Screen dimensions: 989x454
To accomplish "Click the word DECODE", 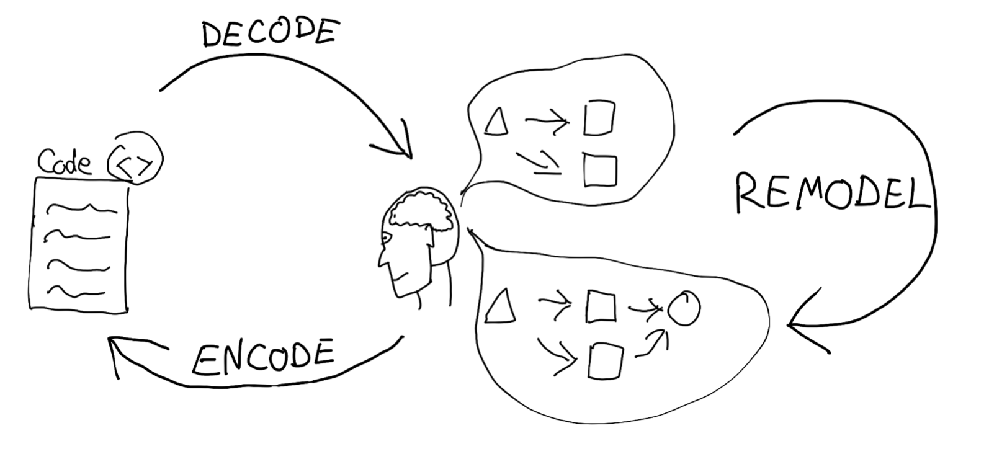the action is pyautogui.click(x=271, y=33).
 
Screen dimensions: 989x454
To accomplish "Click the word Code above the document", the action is pyautogui.click(x=65, y=162).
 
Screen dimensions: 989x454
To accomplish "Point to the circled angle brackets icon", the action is pyautogui.click(x=135, y=158).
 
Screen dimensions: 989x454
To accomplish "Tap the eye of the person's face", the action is pyautogui.click(x=387, y=239).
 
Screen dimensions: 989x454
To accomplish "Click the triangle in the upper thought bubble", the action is pyautogui.click(x=496, y=122).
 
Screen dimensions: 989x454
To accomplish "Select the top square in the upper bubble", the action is pyautogui.click(x=599, y=118).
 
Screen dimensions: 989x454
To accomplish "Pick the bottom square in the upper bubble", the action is pyautogui.click(x=600, y=171).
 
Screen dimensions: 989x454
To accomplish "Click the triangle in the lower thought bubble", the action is pyautogui.click(x=500, y=306).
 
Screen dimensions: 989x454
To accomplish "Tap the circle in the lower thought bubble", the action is pyautogui.click(x=684, y=308).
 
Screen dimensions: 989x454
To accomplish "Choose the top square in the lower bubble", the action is pyautogui.click(x=601, y=306).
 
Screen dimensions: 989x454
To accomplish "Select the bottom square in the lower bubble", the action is pyautogui.click(x=606, y=362).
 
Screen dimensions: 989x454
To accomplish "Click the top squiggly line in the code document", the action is pyautogui.click(x=82, y=208).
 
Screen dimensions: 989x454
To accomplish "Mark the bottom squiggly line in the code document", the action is pyautogui.click(x=76, y=292).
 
